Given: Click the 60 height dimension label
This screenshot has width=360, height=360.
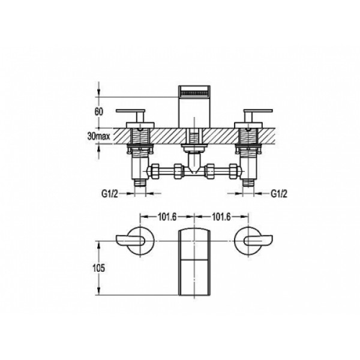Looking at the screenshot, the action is (x=99, y=112).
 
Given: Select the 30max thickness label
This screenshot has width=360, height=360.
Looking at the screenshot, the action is (x=99, y=136).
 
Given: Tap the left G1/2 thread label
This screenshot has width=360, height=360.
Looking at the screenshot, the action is (x=110, y=194).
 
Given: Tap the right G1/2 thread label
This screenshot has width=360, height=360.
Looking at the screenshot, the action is (x=279, y=194).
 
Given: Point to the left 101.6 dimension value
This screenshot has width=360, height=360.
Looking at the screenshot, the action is (x=167, y=217).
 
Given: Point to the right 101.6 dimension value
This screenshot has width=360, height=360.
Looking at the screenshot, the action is (x=221, y=217).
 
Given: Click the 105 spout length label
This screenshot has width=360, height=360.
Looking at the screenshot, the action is (x=99, y=268).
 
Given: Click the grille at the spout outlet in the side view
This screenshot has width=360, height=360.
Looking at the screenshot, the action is (x=194, y=94).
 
